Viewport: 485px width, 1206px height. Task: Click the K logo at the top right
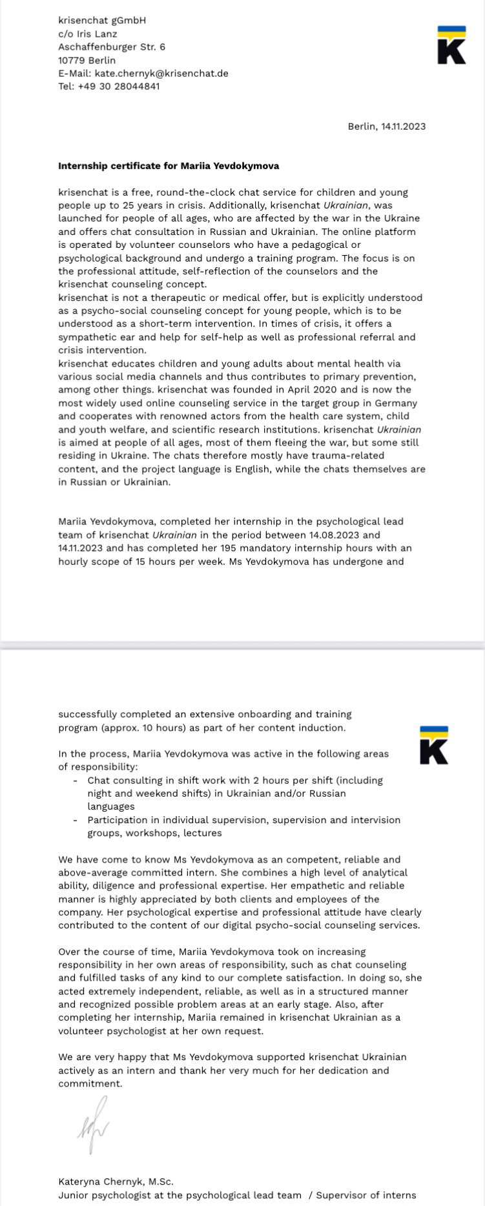451,45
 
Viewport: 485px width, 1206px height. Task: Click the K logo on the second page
434,745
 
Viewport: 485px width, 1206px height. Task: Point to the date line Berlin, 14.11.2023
386,126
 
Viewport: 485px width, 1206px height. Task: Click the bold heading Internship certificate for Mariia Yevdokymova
169,165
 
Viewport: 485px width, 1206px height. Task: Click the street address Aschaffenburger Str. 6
112,46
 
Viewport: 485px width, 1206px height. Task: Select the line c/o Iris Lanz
88,34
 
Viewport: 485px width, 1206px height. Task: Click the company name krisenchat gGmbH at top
102,20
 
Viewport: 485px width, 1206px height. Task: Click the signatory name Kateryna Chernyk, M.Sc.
116,1181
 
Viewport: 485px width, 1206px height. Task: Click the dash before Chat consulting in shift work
76,780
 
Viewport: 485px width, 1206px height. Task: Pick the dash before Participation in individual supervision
76,820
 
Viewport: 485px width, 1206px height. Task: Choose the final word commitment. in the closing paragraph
90,1083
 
